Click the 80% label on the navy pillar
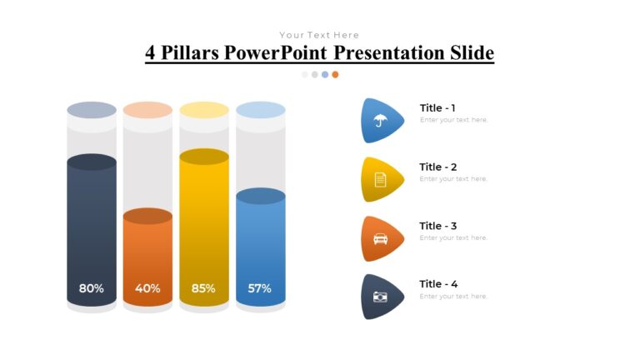pyautogui.click(x=91, y=288)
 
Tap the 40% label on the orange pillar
pyautogui.click(x=147, y=288)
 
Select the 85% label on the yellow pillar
pyautogui.click(x=203, y=288)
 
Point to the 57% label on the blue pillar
pyautogui.click(x=259, y=288)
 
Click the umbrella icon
pyautogui.click(x=380, y=120)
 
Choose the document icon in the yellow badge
pyautogui.click(x=380, y=179)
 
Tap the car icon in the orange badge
pyautogui.click(x=380, y=238)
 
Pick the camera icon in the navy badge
pyautogui.click(x=380, y=297)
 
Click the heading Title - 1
pyautogui.click(x=437, y=107)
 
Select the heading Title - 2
pyautogui.click(x=437, y=167)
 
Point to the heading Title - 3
pyautogui.click(x=437, y=226)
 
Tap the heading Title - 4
pyautogui.click(x=437, y=284)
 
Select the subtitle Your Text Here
pyautogui.click(x=319, y=35)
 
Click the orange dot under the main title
pyautogui.click(x=335, y=74)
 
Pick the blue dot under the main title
pyautogui.click(x=325, y=74)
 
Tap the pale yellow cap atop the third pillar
pyautogui.click(x=204, y=110)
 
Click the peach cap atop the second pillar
pyautogui.click(x=147, y=110)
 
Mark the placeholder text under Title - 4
pyautogui.click(x=453, y=297)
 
